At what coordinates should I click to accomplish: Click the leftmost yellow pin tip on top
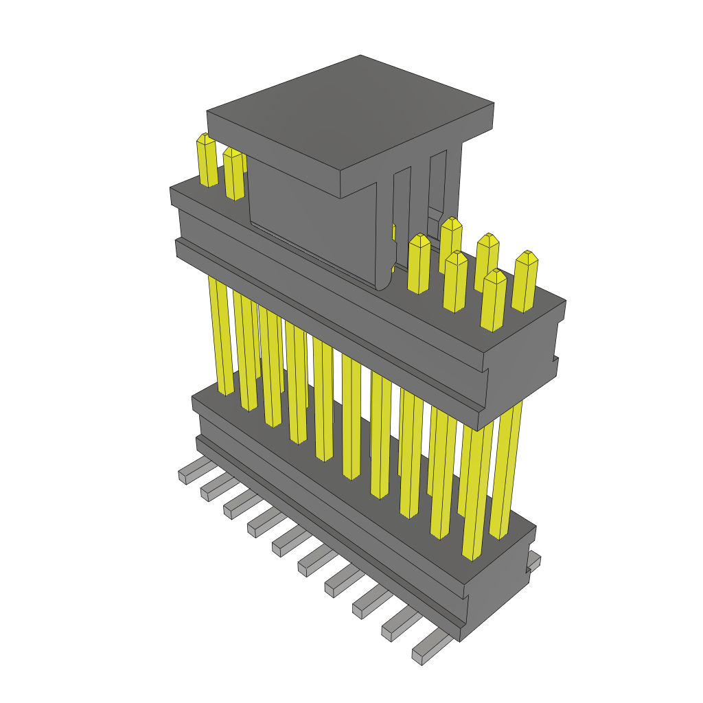coord(207,141)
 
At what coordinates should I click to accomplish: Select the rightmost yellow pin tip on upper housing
coord(527,259)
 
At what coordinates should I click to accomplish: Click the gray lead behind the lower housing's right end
coord(534,561)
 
